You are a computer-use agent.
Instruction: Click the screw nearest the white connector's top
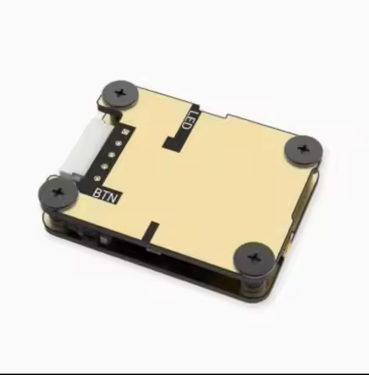(x=119, y=94)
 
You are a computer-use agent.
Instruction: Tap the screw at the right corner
(x=303, y=149)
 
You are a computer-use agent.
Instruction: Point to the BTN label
(x=106, y=195)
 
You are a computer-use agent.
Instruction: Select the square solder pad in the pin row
(x=122, y=133)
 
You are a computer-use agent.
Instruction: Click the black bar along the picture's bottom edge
(x=184, y=373)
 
